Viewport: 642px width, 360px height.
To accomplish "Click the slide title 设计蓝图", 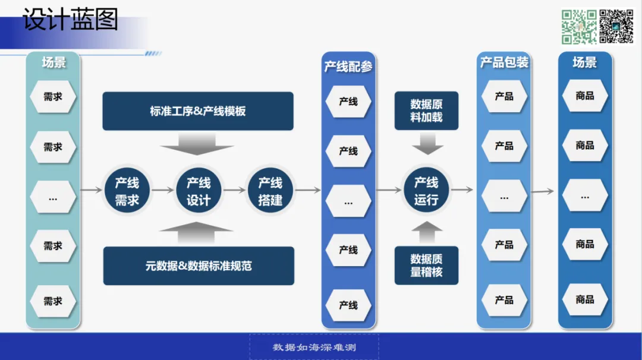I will pyautogui.click(x=70, y=20).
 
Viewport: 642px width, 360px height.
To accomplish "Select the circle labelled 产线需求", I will pyautogui.click(x=127, y=191).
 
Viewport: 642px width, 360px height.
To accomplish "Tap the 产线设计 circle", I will pyautogui.click(x=199, y=191).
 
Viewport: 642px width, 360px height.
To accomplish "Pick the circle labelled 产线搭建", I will pyautogui.click(x=270, y=191).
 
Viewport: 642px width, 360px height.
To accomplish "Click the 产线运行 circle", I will pyautogui.click(x=426, y=191).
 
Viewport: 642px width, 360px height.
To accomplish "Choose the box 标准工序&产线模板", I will pyautogui.click(x=198, y=111).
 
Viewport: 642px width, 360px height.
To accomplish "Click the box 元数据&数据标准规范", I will pyautogui.click(x=199, y=266).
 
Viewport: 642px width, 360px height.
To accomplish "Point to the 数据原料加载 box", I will pyautogui.click(x=426, y=110).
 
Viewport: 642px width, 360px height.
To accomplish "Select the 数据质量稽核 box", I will pyautogui.click(x=426, y=266).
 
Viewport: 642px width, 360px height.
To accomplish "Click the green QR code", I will pyautogui.click(x=579, y=26).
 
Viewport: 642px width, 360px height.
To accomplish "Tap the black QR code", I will pyautogui.click(x=616, y=26).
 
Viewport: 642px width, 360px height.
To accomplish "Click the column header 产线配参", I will pyautogui.click(x=348, y=66).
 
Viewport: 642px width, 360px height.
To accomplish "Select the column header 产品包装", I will pyautogui.click(x=504, y=62).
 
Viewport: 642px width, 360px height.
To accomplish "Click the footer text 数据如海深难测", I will pyautogui.click(x=314, y=347).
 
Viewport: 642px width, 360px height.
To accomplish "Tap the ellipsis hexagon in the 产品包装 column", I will pyautogui.click(x=504, y=197).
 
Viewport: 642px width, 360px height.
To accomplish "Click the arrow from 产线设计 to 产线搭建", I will pyautogui.click(x=234, y=190).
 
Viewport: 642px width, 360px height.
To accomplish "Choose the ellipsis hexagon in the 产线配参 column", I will pyautogui.click(x=348, y=202).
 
